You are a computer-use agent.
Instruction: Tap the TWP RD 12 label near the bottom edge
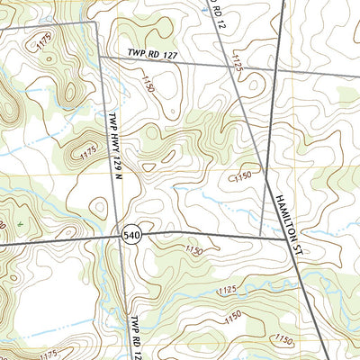[x=135, y=337]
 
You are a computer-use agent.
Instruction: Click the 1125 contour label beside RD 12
[x=238, y=61]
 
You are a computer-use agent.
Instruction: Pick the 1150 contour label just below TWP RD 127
[x=147, y=83]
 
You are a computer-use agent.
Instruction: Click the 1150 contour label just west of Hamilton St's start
[x=240, y=176]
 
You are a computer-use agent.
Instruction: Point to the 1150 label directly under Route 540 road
[x=193, y=249]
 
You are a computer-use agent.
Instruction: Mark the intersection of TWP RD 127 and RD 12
[x=229, y=65]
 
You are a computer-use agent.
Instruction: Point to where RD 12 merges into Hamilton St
[x=267, y=177]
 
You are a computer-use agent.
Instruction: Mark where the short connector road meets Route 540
[x=260, y=237]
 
